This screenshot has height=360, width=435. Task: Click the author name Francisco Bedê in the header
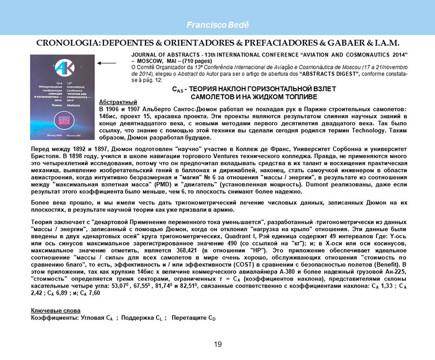(x=218, y=25)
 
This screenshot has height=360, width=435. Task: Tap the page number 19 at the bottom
(x=218, y=343)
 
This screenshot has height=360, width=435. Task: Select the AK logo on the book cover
(x=49, y=66)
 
